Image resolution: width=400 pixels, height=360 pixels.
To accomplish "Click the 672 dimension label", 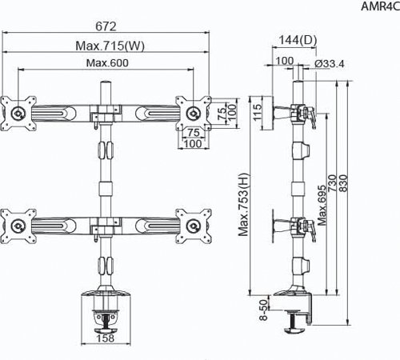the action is (106, 26).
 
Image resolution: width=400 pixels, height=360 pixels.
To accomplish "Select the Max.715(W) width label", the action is (110, 46).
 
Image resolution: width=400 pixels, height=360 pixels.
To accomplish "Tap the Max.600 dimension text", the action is (107, 63).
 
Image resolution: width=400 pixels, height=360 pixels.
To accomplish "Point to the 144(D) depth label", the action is (298, 40).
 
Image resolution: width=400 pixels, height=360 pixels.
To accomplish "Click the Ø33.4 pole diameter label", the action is (330, 64).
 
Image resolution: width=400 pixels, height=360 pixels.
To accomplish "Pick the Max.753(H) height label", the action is (243, 205).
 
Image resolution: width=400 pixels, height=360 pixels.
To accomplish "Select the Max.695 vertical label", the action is (322, 206).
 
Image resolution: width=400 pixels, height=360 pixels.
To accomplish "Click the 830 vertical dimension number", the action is (344, 183).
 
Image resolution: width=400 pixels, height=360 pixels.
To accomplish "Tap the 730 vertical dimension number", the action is (333, 183).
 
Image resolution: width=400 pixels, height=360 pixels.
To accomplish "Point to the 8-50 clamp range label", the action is (263, 310).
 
